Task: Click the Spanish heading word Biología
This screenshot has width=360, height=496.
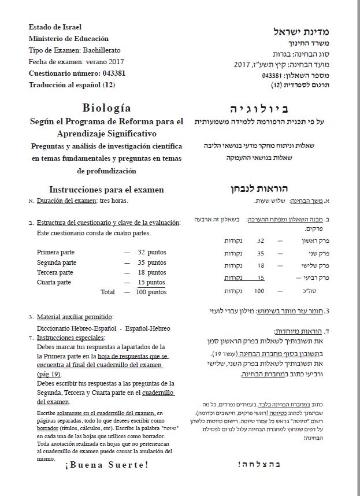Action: click(x=106, y=108)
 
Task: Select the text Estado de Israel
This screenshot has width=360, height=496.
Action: click(x=55, y=27)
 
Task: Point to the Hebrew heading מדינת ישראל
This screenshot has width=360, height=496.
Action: click(x=298, y=31)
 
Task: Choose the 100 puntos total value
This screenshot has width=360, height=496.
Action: click(x=150, y=292)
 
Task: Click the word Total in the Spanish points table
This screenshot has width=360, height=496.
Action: click(x=107, y=292)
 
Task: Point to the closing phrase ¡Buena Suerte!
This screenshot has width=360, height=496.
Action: click(x=106, y=464)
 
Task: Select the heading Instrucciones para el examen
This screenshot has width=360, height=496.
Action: click(x=106, y=190)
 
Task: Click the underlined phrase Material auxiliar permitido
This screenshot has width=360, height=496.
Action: click(x=75, y=317)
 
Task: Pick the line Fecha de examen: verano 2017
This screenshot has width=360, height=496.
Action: click(x=76, y=62)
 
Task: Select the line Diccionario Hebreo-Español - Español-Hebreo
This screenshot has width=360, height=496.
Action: click(x=103, y=328)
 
